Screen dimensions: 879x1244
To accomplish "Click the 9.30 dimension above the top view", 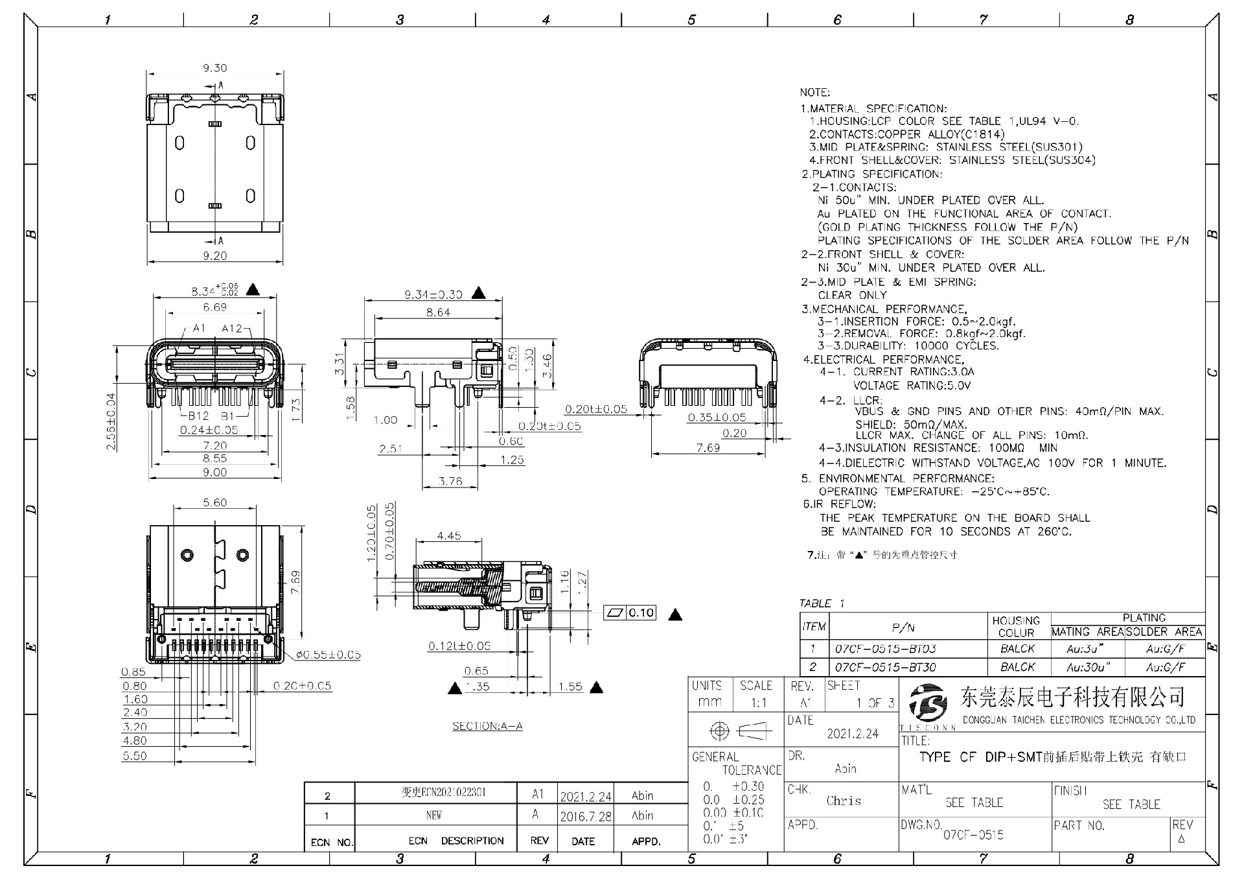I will [x=214, y=68].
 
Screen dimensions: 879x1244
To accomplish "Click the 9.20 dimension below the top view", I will [x=214, y=256].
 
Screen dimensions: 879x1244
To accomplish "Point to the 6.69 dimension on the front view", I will [x=214, y=307].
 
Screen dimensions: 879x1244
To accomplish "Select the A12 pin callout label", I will [x=232, y=329].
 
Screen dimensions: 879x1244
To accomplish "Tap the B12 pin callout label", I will [x=198, y=416].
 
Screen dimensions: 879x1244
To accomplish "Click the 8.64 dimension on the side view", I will [x=438, y=312].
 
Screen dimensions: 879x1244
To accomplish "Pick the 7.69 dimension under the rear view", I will [x=708, y=448].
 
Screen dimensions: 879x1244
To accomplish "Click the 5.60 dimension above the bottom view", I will [x=214, y=503].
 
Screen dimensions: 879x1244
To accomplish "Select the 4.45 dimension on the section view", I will [x=448, y=536].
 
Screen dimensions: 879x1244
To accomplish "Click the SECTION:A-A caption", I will [x=487, y=726].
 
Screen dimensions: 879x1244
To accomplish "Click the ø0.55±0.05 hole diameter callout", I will [x=328, y=655].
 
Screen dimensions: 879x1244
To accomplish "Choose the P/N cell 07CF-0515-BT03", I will [x=885, y=649].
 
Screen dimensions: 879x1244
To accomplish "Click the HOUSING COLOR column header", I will [x=1016, y=626].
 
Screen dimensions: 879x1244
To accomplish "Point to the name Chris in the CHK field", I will [x=844, y=801].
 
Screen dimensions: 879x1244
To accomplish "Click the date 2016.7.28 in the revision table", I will [x=586, y=817].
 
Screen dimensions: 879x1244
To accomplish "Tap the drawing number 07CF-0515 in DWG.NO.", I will [x=973, y=836].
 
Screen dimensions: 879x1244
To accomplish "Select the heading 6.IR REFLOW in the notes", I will [x=840, y=504].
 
